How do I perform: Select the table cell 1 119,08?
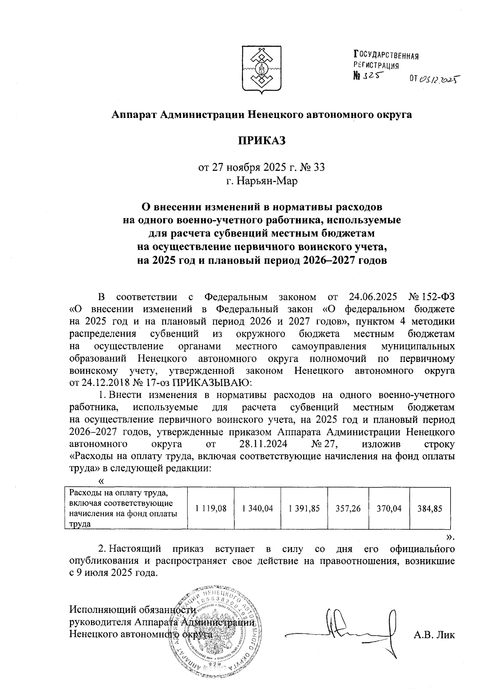tap(211, 508)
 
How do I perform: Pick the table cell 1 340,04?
tap(257, 508)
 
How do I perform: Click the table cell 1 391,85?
tap(304, 508)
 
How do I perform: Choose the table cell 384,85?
tap(430, 508)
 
